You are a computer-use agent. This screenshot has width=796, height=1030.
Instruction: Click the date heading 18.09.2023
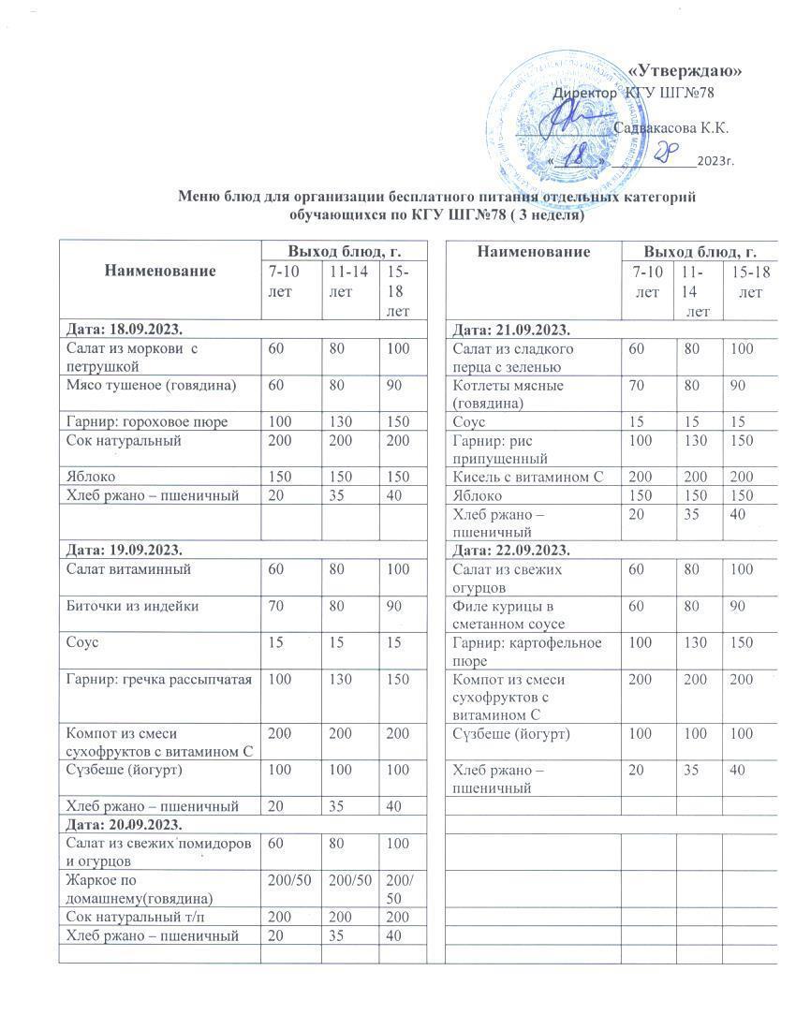pyautogui.click(x=121, y=331)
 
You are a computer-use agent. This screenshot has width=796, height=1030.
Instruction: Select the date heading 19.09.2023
pyautogui.click(x=121, y=548)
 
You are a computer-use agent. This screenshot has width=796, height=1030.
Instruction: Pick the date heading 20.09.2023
pyautogui.click(x=121, y=824)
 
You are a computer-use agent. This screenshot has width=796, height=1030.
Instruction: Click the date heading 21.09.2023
pyautogui.click(x=511, y=331)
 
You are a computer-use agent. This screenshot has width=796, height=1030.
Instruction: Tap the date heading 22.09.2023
pyautogui.click(x=511, y=548)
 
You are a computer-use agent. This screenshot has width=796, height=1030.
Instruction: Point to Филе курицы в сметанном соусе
pyautogui.click(x=510, y=614)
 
